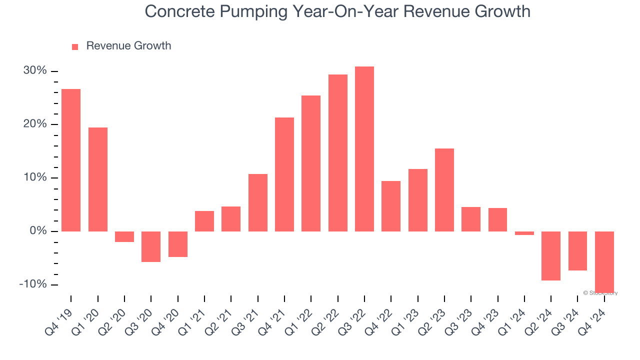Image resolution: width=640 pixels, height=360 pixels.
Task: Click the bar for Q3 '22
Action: (364, 149)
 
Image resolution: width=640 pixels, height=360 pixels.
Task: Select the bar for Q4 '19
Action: (71, 160)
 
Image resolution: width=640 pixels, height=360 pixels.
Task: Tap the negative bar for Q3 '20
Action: (151, 246)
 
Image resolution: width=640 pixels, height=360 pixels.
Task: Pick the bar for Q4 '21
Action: (284, 174)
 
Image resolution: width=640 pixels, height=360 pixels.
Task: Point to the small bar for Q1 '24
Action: (524, 233)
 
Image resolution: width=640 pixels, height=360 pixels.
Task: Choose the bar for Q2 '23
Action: (444, 190)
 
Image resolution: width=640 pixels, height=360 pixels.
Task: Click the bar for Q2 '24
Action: (551, 255)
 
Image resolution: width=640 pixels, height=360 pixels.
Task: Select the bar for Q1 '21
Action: (204, 221)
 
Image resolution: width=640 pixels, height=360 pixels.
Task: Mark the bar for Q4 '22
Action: (391, 206)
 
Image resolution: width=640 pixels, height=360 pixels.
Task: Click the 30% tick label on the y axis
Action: (35, 71)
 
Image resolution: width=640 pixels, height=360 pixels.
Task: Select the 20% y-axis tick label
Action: (35, 124)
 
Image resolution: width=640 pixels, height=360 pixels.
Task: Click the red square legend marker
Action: (75, 46)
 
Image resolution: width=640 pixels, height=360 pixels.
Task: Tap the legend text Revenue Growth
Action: (128, 46)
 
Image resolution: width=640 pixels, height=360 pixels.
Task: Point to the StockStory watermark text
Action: (600, 293)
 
